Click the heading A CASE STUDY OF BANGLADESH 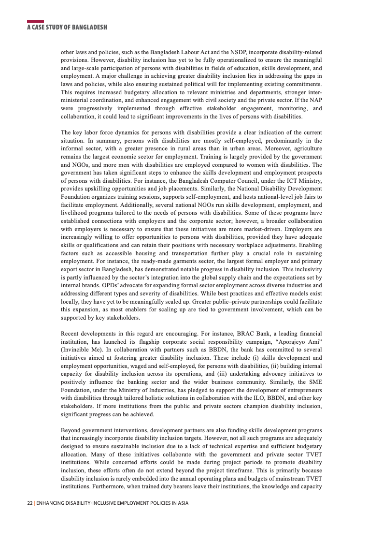pyautogui.click(x=67, y=28)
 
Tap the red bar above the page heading pyautogui.click(x=35, y=21)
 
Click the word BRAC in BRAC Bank pyautogui.click(x=245, y=334)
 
